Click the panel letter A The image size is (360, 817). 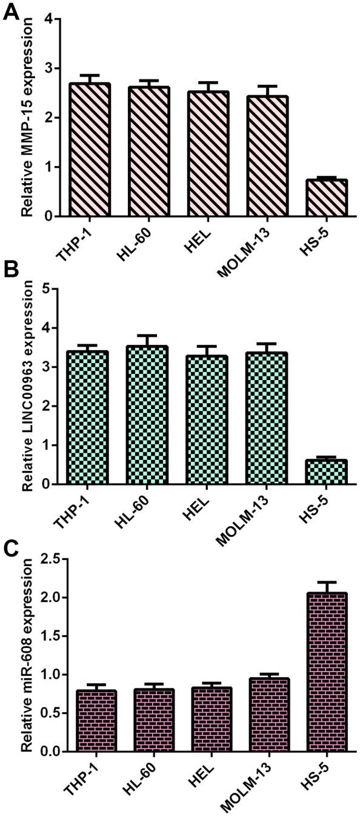10,12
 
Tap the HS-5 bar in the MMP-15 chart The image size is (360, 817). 329,198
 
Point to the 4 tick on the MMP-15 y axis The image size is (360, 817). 48,19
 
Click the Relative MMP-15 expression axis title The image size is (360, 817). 26,119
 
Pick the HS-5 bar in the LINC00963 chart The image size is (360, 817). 329,472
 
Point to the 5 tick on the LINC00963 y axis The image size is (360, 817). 48,289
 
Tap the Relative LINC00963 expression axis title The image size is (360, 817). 26,388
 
